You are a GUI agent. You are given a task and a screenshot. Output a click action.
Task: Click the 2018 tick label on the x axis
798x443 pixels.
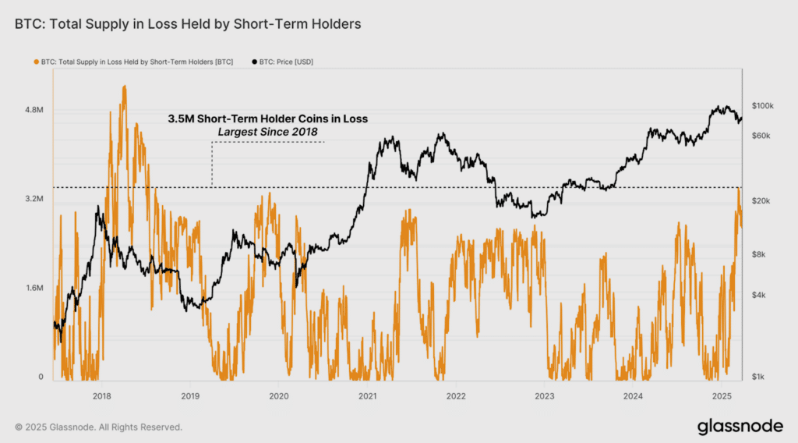pos(102,396)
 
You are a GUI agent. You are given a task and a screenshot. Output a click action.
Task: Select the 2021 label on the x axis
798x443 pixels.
pos(368,396)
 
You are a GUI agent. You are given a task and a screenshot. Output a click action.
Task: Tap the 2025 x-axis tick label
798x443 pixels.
pos(721,396)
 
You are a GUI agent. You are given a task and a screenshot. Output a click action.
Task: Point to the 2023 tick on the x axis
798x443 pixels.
pos(545,396)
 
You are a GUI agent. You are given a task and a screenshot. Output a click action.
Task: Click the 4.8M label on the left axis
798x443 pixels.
pos(34,110)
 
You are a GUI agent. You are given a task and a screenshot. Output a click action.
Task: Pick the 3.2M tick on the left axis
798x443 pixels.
pos(34,199)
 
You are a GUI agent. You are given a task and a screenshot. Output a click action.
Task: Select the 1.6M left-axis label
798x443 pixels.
pos(34,288)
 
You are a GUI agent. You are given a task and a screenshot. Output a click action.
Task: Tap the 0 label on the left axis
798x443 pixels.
pos(41,377)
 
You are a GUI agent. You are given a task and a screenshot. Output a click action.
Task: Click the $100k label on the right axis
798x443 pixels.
pos(762,106)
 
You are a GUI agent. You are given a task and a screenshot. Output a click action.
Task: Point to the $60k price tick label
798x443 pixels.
pos(761,136)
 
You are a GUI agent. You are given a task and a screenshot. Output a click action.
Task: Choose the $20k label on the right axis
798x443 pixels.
pos(761,200)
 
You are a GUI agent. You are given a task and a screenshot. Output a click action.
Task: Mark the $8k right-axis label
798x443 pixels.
pos(758,254)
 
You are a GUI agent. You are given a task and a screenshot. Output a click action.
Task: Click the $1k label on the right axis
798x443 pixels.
pos(757,377)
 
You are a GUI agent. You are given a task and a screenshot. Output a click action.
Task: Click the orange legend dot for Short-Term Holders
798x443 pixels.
pos(36,62)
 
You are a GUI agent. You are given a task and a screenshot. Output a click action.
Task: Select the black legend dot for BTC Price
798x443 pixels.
pos(255,62)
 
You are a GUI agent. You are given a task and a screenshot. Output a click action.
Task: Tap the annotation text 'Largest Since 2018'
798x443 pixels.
pos(268,132)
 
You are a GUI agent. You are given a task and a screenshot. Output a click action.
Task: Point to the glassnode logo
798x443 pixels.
pos(740,427)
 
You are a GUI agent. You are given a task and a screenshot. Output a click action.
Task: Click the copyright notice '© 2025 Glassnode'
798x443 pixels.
pos(55,427)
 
